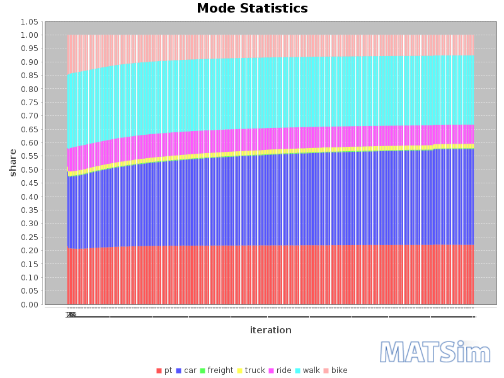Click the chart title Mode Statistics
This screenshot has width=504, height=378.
click(x=252, y=9)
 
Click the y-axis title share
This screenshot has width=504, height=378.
click(x=12, y=163)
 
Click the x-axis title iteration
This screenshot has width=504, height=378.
click(x=270, y=330)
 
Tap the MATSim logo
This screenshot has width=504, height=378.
click(x=435, y=352)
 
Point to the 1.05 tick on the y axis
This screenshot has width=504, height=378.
click(x=29, y=21)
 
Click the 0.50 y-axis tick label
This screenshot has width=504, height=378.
click(x=29, y=170)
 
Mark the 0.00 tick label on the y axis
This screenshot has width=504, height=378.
click(x=29, y=305)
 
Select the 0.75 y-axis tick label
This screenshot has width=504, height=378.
click(x=29, y=103)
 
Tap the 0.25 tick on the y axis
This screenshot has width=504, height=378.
click(x=29, y=238)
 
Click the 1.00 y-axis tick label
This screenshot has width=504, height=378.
click(x=29, y=35)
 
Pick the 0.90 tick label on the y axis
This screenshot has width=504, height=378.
click(x=29, y=62)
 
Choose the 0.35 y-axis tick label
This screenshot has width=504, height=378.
click(x=29, y=210)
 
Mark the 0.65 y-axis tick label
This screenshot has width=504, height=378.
click(x=29, y=130)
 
